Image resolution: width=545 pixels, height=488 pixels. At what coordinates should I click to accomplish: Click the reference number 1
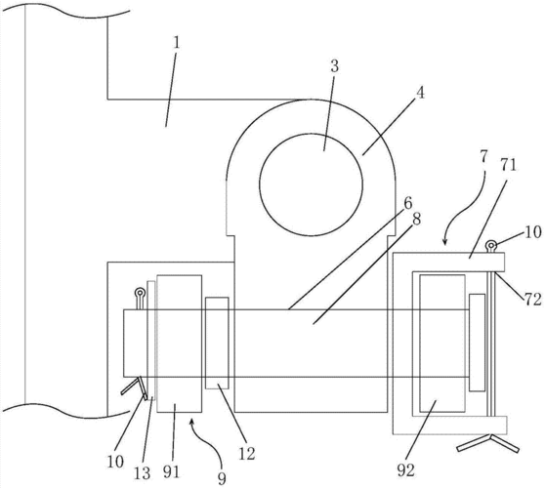(x=177, y=42)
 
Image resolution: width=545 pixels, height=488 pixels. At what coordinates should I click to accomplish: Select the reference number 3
(x=334, y=66)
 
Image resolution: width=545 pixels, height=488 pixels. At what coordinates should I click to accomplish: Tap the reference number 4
(x=421, y=93)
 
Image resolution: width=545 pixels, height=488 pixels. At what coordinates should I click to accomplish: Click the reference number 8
(x=416, y=219)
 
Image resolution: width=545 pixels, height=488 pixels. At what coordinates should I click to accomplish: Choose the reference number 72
(x=533, y=299)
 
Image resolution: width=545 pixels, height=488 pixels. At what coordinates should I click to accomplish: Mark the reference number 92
(x=405, y=470)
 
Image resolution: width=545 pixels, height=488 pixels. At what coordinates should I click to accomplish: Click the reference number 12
(x=247, y=454)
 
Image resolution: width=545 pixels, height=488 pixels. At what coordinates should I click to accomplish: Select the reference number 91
(x=171, y=471)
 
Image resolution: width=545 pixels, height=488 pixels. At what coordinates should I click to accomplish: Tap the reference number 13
(x=143, y=473)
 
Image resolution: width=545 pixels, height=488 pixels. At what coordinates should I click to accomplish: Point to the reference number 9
(x=222, y=478)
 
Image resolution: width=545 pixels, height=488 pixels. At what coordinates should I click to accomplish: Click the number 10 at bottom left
(x=115, y=462)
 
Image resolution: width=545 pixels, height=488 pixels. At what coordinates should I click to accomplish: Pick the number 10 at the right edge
(x=532, y=232)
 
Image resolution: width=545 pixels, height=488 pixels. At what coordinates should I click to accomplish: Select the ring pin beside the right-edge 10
(x=490, y=246)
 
